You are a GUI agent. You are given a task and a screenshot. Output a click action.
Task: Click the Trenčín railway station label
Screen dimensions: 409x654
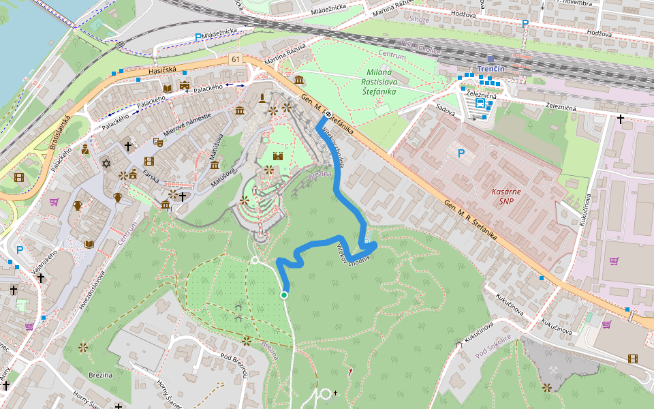[490, 70]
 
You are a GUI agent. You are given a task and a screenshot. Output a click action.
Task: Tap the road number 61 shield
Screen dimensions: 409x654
[236, 59]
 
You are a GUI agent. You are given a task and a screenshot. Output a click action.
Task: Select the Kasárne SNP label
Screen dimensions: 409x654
[505, 196]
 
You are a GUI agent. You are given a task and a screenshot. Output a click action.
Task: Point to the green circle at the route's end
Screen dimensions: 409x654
[284, 294]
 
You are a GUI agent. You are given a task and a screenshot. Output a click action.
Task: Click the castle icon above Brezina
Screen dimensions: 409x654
[277, 156]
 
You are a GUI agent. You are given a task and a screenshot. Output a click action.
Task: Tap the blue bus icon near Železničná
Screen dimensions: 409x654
[480, 104]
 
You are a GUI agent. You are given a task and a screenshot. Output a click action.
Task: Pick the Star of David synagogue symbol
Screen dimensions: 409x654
[106, 163]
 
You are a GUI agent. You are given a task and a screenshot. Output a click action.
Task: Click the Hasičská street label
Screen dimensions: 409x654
[162, 71]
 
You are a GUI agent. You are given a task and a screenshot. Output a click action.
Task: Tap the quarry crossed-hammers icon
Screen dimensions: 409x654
[553, 369]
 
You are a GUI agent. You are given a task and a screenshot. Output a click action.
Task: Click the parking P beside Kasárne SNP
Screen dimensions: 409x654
[461, 154]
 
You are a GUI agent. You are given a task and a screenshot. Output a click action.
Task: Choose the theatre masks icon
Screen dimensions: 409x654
[157, 142]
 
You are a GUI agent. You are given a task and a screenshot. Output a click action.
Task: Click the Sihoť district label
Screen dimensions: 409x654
[418, 20]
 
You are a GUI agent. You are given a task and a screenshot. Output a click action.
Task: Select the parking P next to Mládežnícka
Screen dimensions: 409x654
[198, 38]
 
